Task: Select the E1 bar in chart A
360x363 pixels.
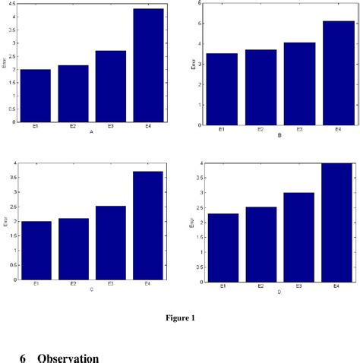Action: click(36, 95)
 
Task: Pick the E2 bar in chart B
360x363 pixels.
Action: click(260, 87)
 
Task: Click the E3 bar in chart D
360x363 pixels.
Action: click(299, 236)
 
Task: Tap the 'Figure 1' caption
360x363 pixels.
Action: click(180, 317)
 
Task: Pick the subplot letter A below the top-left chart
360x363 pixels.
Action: click(90, 132)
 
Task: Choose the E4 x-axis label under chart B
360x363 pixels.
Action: click(337, 130)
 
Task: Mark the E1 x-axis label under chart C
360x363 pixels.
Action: click(36, 284)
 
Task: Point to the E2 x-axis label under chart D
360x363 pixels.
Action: click(260, 286)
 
